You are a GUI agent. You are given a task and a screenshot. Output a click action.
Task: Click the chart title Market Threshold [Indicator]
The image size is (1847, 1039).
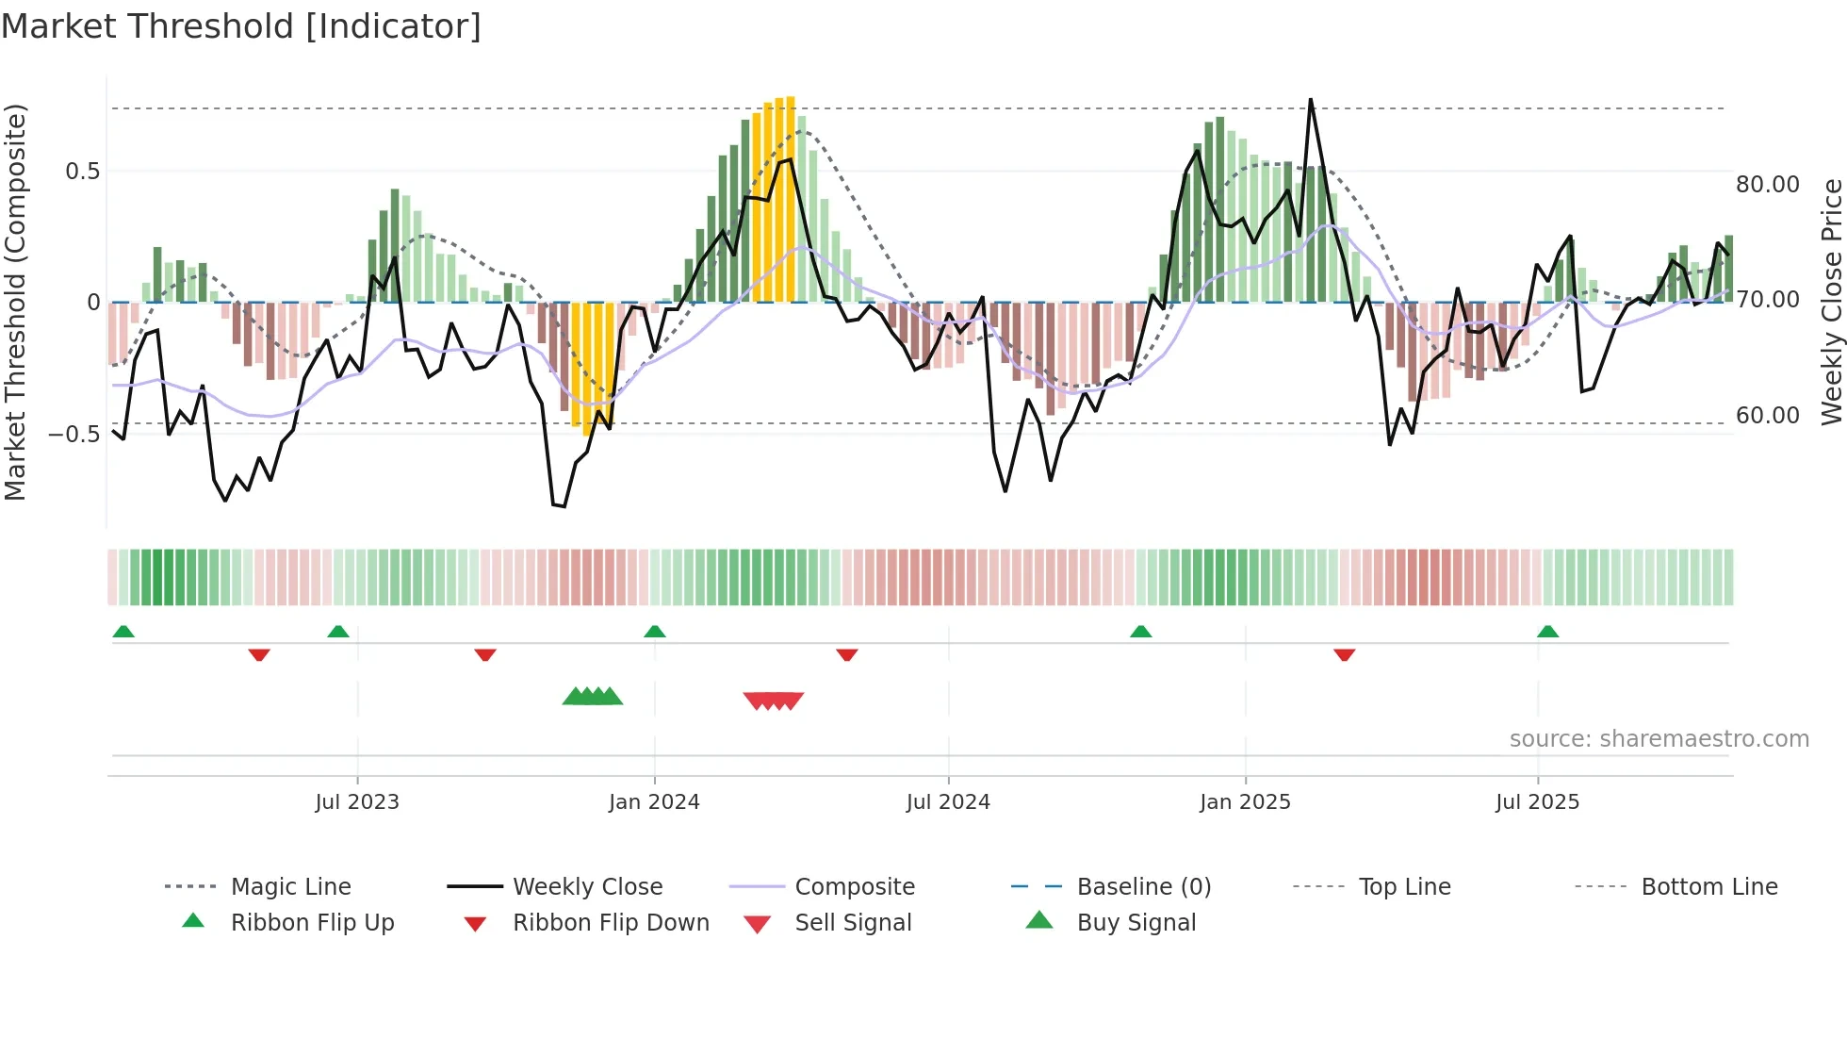[241, 26]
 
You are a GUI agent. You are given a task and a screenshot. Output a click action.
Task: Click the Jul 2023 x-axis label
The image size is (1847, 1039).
[357, 802]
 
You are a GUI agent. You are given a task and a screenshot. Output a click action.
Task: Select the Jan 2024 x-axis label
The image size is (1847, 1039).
[654, 802]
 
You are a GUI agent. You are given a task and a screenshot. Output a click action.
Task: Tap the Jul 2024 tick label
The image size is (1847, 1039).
[948, 802]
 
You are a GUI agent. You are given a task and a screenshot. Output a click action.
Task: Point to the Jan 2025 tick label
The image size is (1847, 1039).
[1245, 802]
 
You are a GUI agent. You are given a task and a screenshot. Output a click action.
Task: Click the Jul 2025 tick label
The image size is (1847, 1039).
[1537, 802]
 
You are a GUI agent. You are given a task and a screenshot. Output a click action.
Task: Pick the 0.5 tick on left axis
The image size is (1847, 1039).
[82, 172]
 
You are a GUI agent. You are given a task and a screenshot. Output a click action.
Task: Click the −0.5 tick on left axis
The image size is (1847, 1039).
[74, 435]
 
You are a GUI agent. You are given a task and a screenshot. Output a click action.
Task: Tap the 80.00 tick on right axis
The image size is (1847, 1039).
[1768, 185]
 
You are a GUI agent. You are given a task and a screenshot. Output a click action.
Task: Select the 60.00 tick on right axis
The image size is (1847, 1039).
[1768, 416]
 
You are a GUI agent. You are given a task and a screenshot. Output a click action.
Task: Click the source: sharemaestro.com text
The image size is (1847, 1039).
[1659, 739]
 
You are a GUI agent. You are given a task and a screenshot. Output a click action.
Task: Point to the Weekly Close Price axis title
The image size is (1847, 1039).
[1831, 302]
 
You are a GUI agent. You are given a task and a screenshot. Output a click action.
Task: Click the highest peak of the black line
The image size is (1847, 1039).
[1310, 100]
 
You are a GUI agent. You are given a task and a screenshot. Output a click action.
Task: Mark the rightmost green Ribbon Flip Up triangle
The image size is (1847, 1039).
[1547, 632]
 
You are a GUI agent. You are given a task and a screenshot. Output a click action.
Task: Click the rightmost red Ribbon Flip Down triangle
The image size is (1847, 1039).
[1345, 654]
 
